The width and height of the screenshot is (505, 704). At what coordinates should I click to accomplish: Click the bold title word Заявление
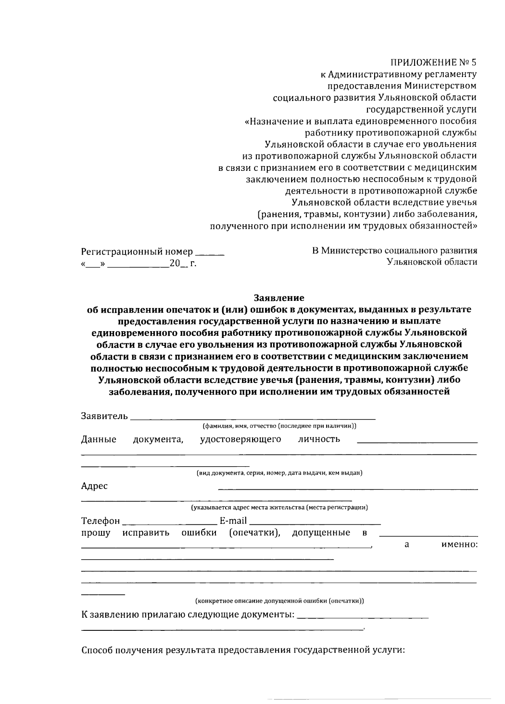(x=279, y=298)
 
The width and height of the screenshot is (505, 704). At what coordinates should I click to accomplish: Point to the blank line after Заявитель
(x=252, y=418)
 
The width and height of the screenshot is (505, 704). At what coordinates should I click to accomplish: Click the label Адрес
(x=94, y=486)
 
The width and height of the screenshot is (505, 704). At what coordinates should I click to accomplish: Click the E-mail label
(x=233, y=521)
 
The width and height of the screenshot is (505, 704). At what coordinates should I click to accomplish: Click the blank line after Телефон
(x=170, y=523)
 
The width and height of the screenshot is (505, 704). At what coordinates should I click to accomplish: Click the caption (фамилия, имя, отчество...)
(x=279, y=426)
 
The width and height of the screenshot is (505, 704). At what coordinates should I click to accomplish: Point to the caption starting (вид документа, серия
(x=279, y=473)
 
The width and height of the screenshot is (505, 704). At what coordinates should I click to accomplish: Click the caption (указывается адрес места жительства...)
(x=279, y=507)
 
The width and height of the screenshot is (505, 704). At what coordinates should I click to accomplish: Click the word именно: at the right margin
(x=459, y=545)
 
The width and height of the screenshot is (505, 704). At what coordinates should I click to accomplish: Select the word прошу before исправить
(x=96, y=533)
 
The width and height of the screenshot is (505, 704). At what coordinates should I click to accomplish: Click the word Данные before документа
(x=98, y=440)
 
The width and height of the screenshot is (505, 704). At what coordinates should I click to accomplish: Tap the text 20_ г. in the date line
(x=183, y=264)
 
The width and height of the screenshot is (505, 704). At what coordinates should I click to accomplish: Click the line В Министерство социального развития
(x=394, y=251)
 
